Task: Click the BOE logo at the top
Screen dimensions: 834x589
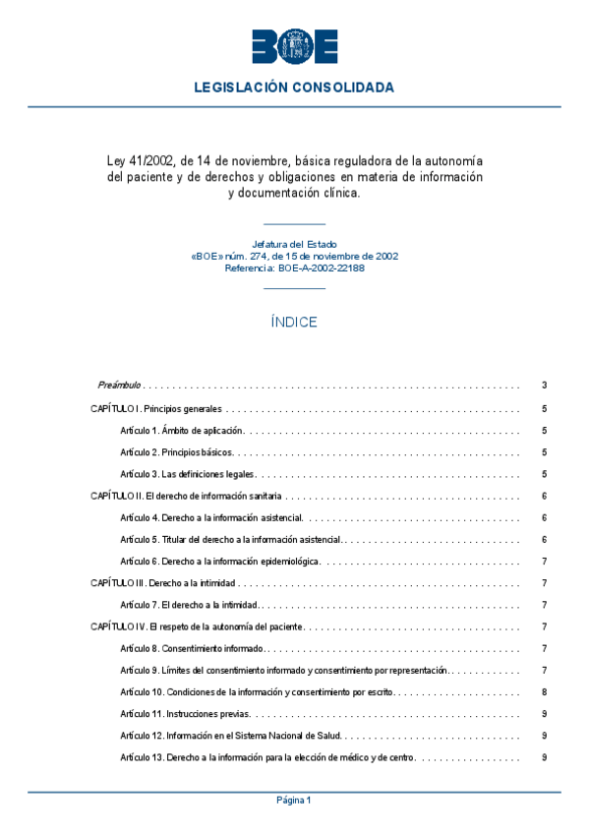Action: (x=294, y=47)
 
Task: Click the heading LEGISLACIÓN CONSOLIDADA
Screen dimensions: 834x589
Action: (x=294, y=88)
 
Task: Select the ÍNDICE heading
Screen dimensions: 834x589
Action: (x=294, y=322)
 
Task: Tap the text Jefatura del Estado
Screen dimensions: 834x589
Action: (x=294, y=243)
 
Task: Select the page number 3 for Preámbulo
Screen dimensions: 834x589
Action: (x=544, y=385)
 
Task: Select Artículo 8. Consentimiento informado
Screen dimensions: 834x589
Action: (x=192, y=648)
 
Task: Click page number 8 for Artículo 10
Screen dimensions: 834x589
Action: (x=544, y=691)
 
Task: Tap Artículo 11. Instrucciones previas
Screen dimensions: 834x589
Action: (x=186, y=713)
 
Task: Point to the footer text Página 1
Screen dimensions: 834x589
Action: (x=294, y=801)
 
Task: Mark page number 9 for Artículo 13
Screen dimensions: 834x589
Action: (x=544, y=757)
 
